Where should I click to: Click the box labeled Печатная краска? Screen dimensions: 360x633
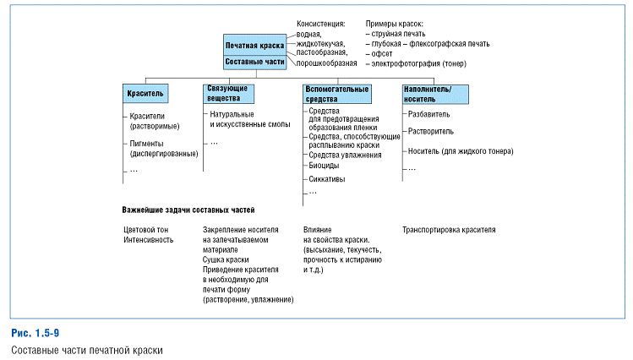click(x=254, y=44)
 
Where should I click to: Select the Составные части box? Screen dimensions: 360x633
click(x=254, y=62)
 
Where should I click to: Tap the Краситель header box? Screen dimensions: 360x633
click(x=149, y=91)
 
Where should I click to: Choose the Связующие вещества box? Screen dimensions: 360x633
click(x=229, y=93)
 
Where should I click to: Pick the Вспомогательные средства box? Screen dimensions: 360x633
click(x=336, y=93)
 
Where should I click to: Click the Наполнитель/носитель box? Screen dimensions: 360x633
click(x=433, y=93)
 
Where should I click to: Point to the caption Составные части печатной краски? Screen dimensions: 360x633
click(x=86, y=349)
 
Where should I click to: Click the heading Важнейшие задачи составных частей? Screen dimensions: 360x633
click(x=189, y=209)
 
